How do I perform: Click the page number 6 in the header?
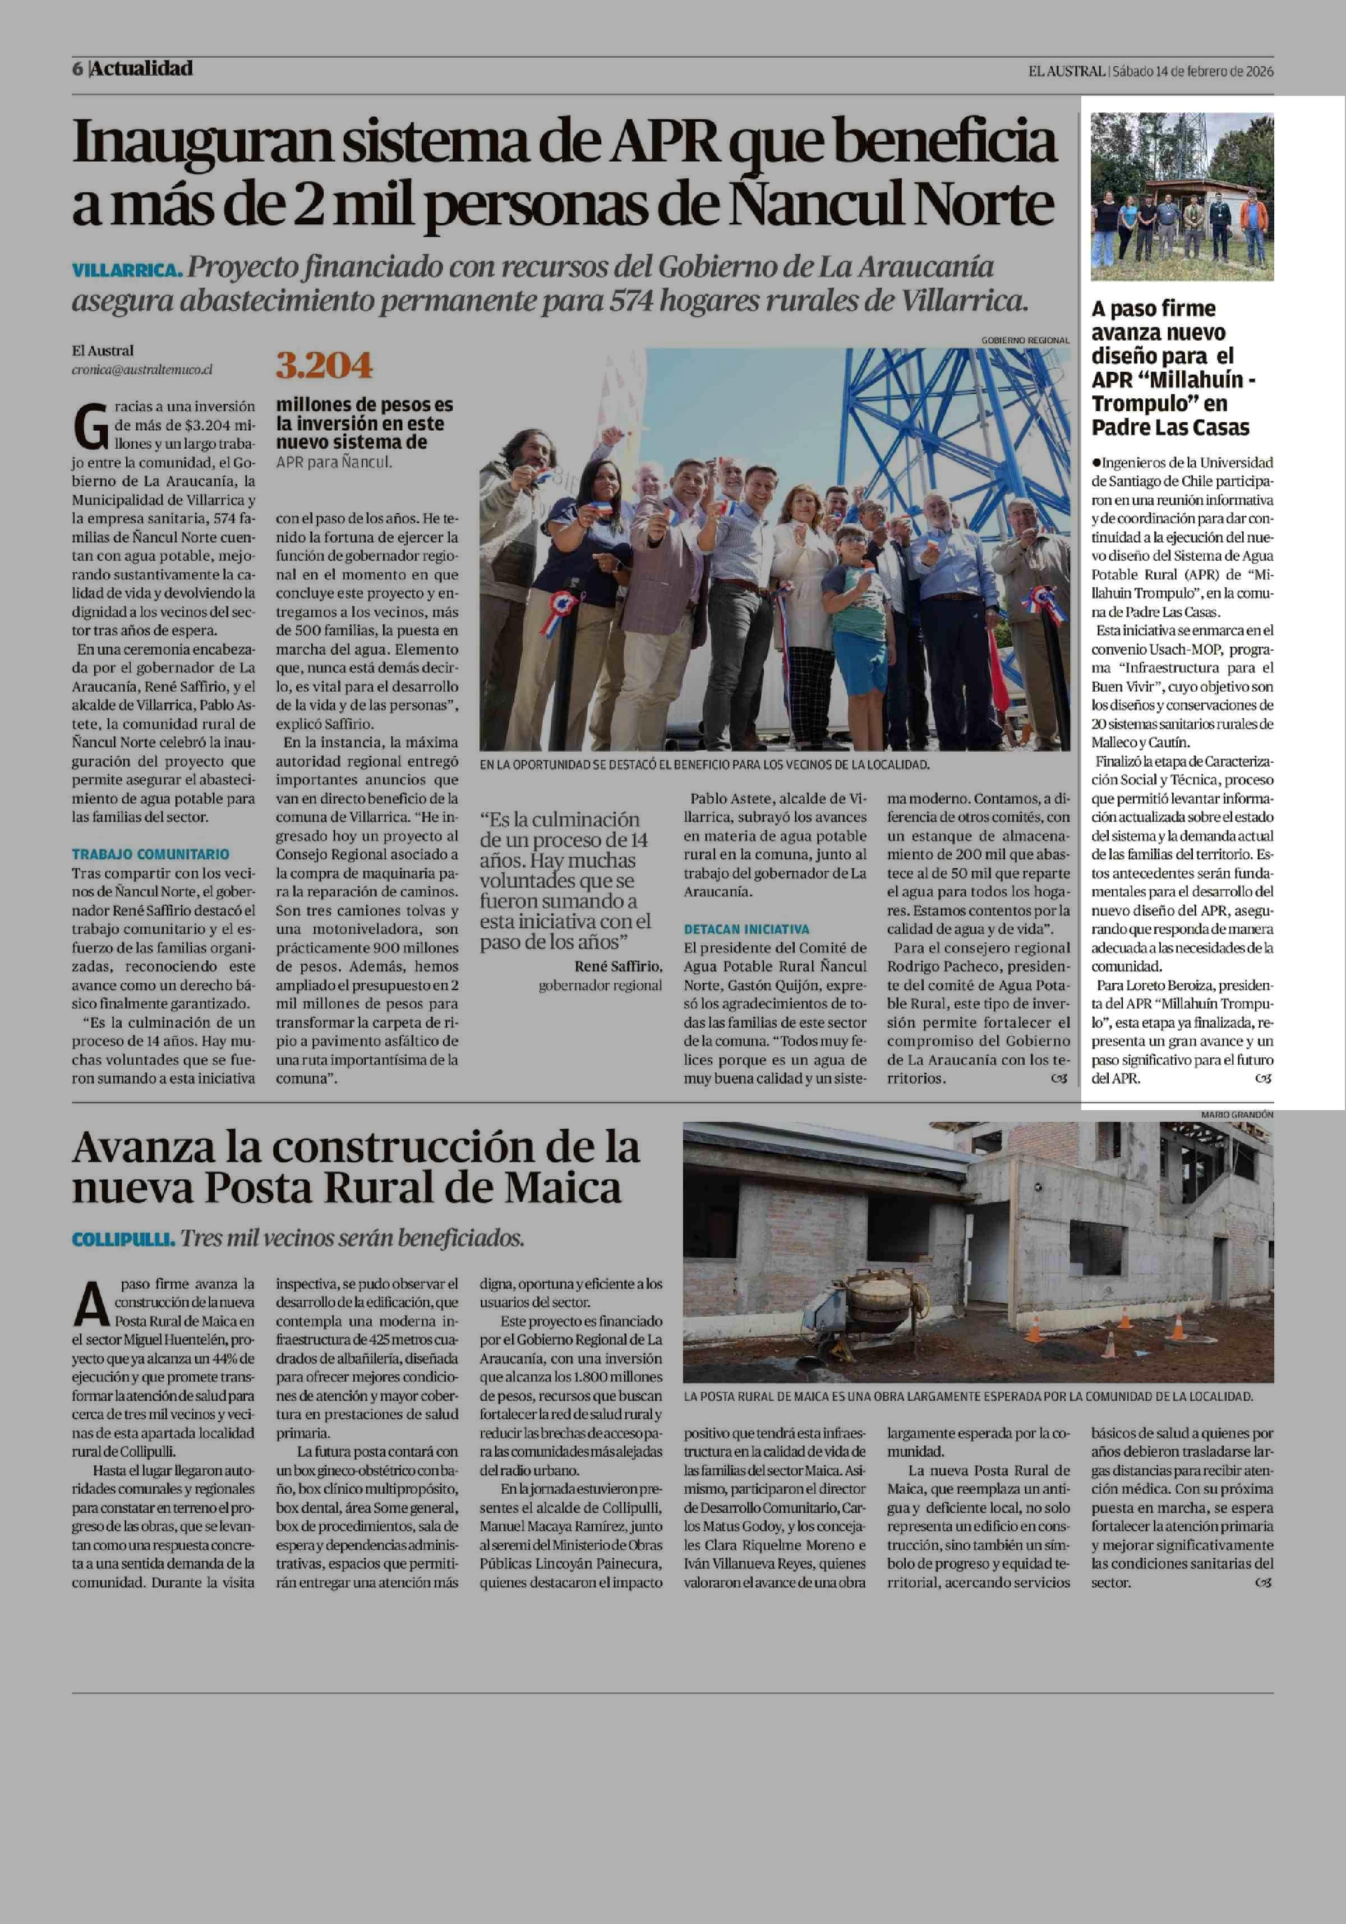[77, 68]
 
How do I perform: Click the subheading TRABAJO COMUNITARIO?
[151, 854]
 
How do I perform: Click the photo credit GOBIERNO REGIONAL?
[1025, 340]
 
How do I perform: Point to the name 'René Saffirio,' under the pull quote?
[618, 966]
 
